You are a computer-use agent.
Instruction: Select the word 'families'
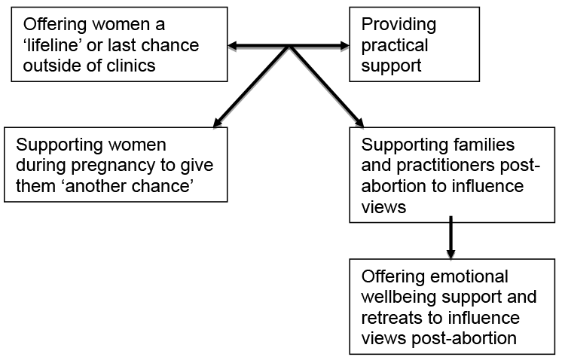482,144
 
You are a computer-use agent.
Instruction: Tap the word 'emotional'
468,276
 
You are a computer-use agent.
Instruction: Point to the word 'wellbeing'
399,297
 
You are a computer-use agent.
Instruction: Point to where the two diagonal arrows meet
289,49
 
